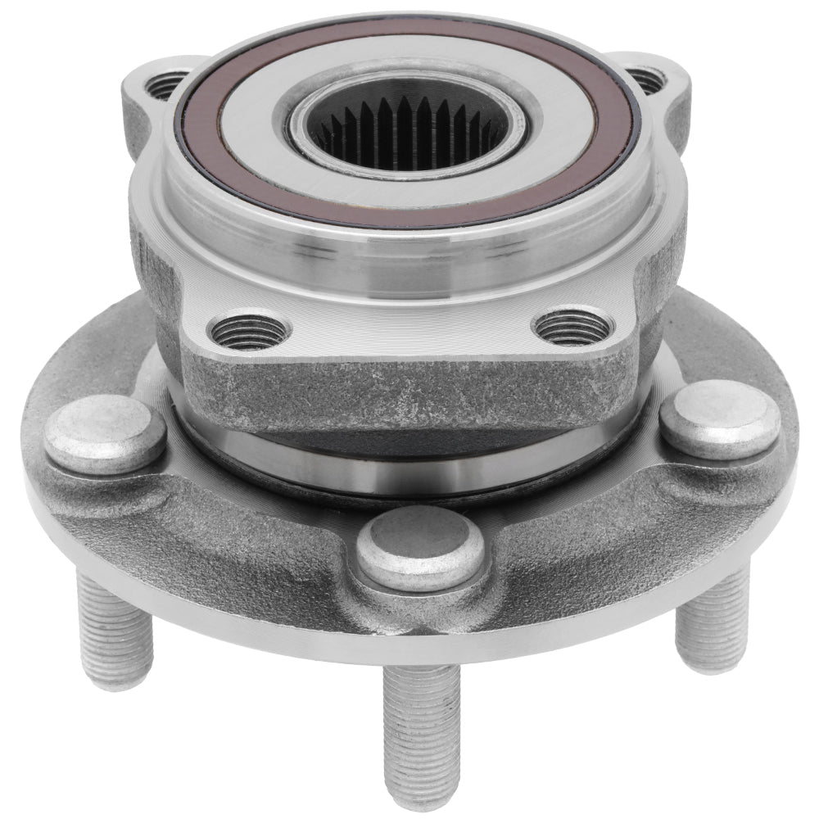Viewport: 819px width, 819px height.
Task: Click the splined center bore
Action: pos(407,131)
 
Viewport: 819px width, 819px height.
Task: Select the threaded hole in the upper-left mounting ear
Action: pos(167,84)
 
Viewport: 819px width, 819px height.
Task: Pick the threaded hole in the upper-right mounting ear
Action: pos(646,80)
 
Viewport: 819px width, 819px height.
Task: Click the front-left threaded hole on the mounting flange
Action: pos(249,332)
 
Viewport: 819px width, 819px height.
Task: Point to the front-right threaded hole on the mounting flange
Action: pos(572,328)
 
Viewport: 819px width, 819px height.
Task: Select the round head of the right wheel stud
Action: pos(720,419)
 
